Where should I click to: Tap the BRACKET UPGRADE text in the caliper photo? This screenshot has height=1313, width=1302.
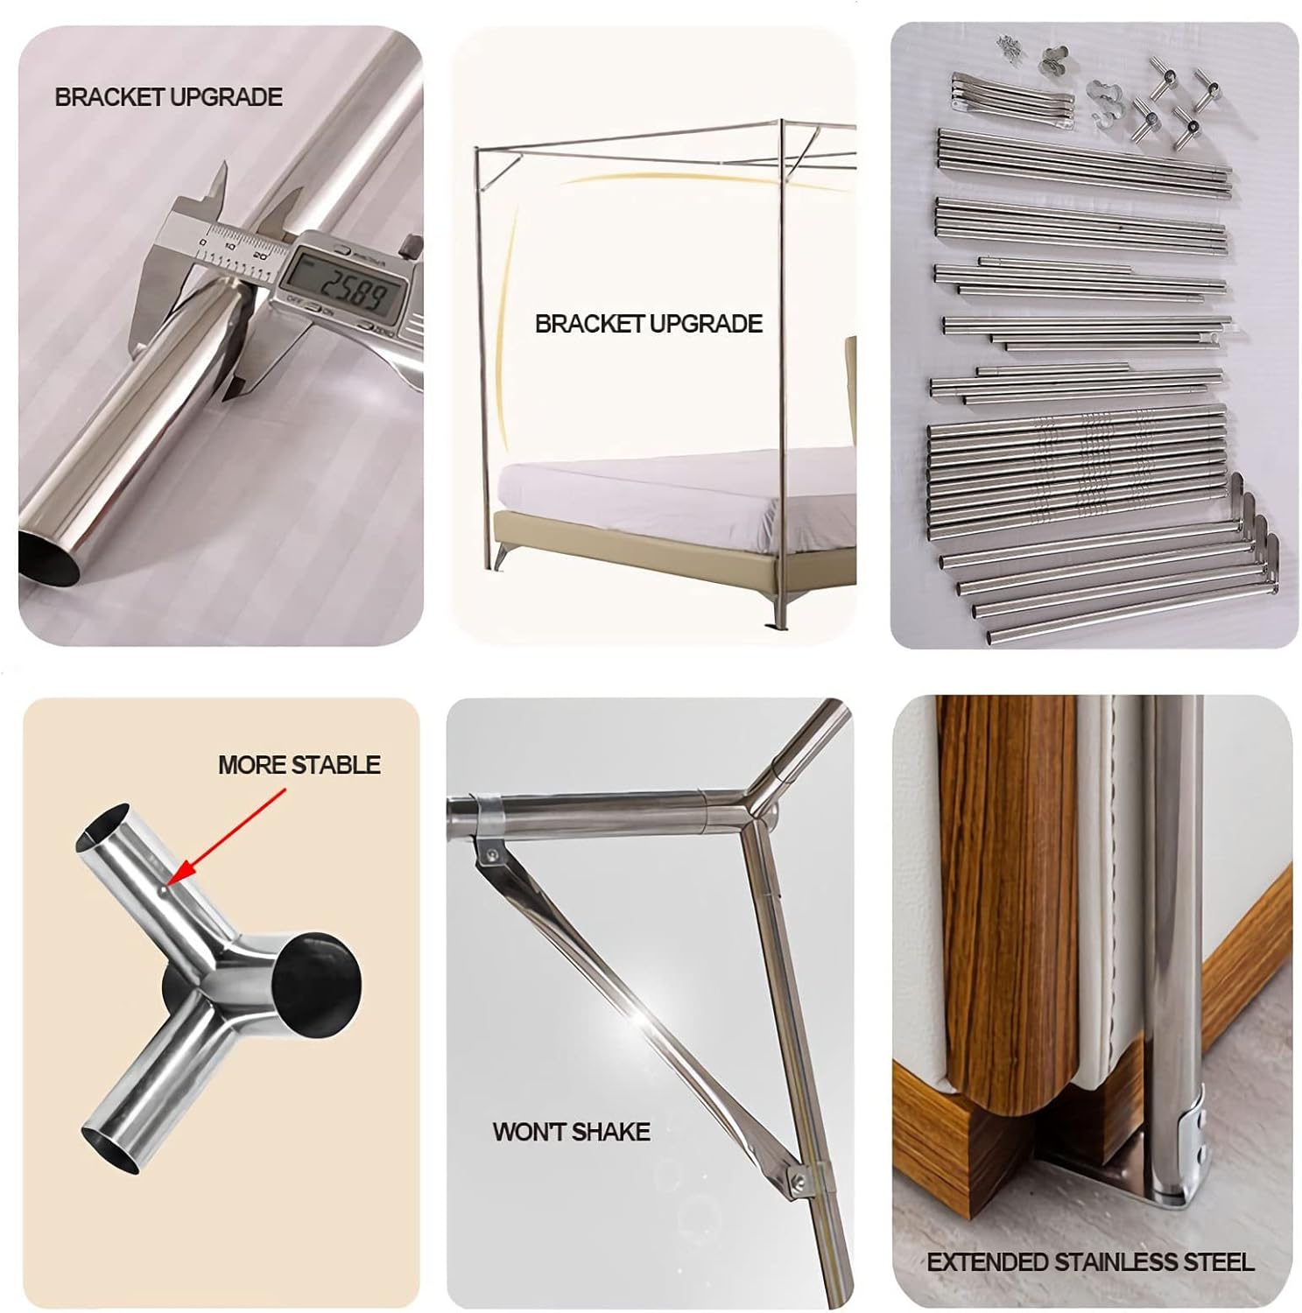[169, 97]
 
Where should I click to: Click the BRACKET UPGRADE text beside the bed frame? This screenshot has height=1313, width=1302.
[648, 324]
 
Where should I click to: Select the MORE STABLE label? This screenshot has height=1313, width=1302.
[299, 765]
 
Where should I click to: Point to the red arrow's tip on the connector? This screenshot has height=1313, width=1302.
[169, 884]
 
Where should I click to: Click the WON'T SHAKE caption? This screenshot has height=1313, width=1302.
[571, 1132]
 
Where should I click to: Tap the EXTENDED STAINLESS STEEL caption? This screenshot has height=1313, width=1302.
[1090, 1261]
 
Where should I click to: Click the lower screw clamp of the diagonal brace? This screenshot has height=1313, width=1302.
[799, 1182]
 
